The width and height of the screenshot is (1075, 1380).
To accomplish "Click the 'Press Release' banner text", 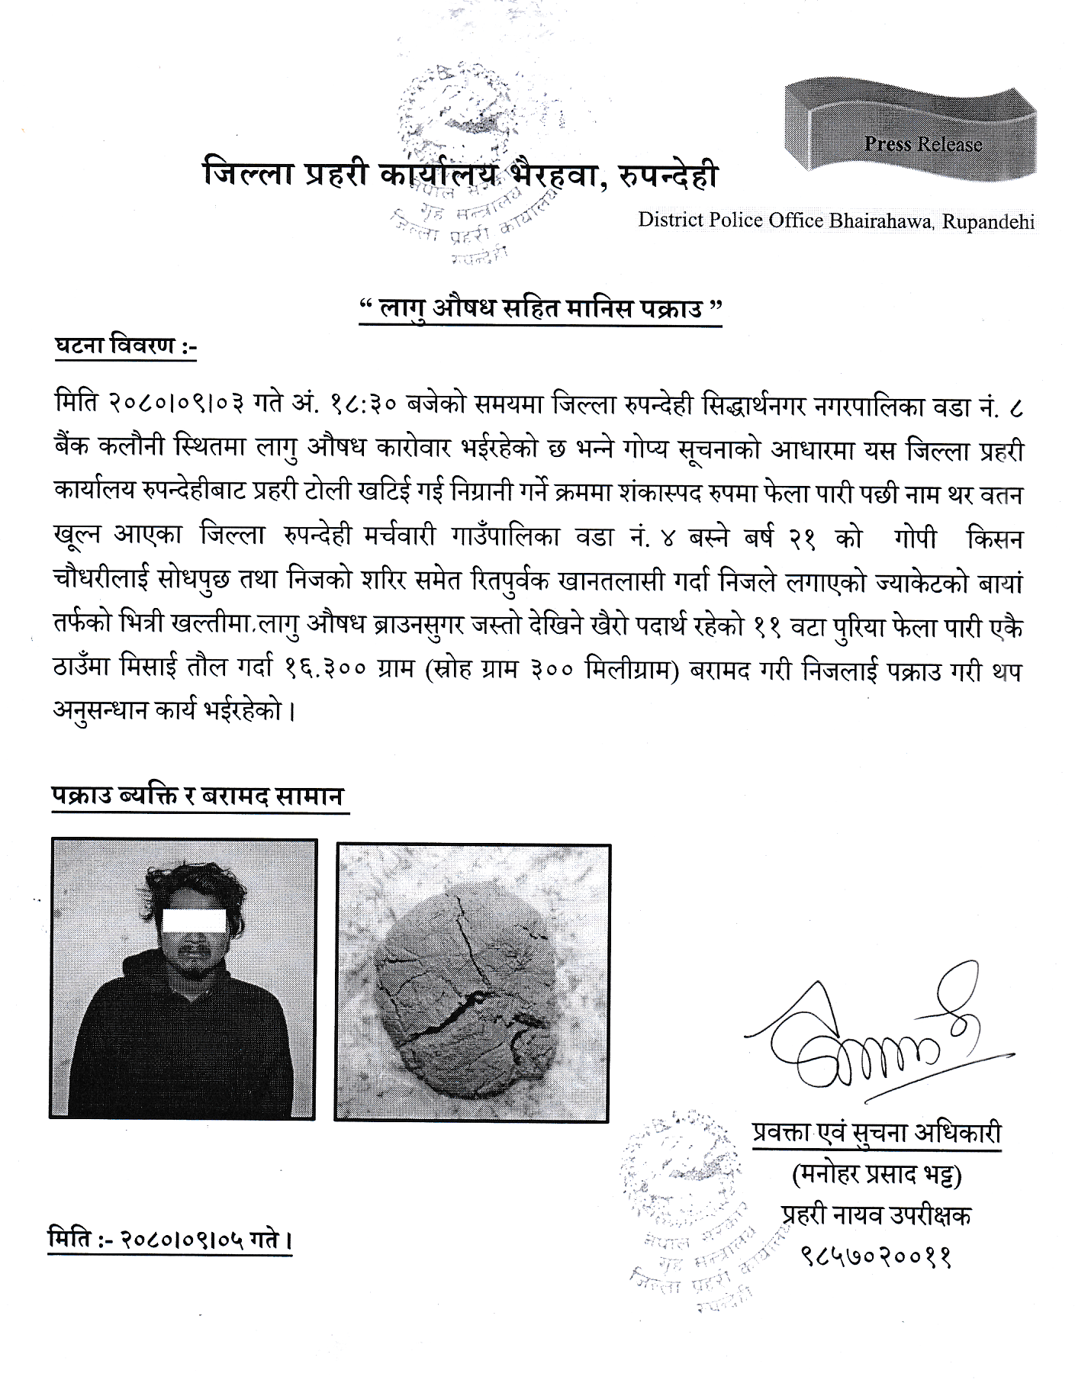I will [922, 144].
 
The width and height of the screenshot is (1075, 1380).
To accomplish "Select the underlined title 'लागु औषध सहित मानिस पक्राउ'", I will [539, 310].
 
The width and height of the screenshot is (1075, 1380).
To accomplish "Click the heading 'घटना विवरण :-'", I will [126, 346].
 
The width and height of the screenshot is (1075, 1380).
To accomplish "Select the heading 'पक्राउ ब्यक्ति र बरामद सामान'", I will [198, 796].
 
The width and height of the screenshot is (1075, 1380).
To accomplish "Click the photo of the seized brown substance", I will [472, 983].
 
